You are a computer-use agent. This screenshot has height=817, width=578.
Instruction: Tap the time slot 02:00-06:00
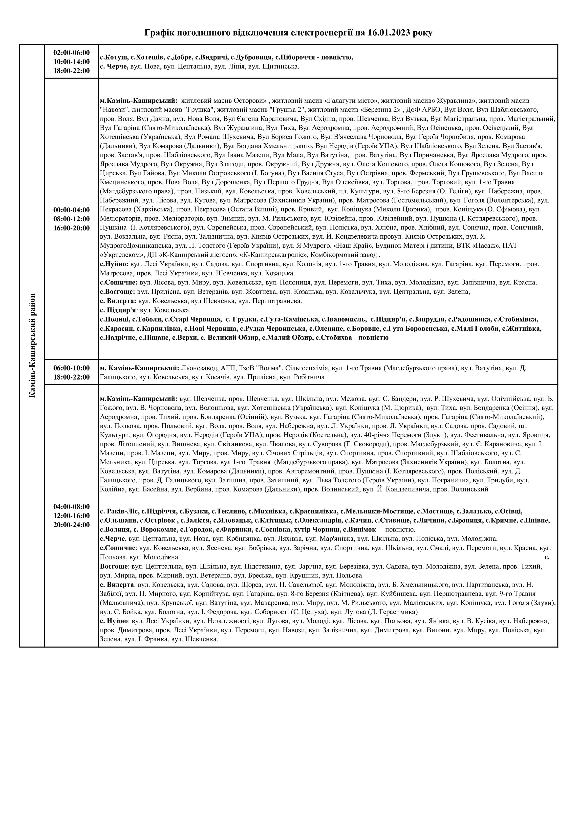72,52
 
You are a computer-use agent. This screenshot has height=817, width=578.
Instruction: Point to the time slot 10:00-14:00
72,61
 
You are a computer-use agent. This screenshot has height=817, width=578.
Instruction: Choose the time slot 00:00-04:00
72,210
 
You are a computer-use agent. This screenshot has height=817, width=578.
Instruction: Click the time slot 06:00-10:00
72,368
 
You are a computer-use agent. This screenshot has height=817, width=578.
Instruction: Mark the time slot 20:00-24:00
72,525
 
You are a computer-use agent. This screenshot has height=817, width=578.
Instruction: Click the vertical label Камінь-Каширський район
32,345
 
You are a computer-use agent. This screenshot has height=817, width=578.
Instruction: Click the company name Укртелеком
121,255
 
